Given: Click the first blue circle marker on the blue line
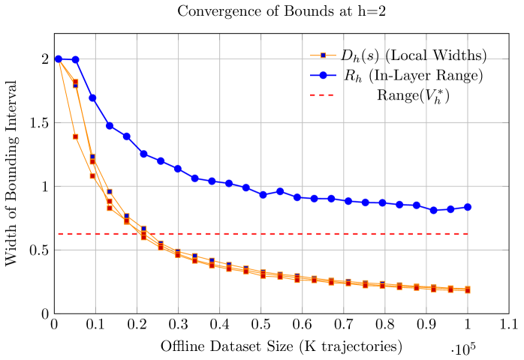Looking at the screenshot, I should click(59, 59).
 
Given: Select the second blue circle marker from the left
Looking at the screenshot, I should click(75, 59).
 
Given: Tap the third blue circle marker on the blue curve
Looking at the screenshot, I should click(92, 98).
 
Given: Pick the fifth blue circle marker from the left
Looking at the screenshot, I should click(127, 136).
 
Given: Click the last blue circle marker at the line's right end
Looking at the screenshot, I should click(467, 208).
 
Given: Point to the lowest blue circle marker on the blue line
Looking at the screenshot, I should click(433, 210).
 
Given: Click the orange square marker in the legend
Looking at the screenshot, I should click(323, 55).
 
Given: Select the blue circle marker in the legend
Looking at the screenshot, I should click(323, 75).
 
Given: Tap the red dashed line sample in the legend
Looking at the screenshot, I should click(322, 95).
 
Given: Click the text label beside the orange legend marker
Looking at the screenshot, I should click(413, 55).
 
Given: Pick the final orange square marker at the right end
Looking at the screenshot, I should click(467, 289).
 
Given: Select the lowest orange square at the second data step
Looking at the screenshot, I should click(76, 136).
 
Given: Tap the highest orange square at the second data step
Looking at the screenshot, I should click(76, 82).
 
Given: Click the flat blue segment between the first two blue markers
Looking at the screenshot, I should click(67, 59).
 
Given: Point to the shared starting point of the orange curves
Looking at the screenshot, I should click(59, 60).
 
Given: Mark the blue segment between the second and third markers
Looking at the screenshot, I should click(84, 79).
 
